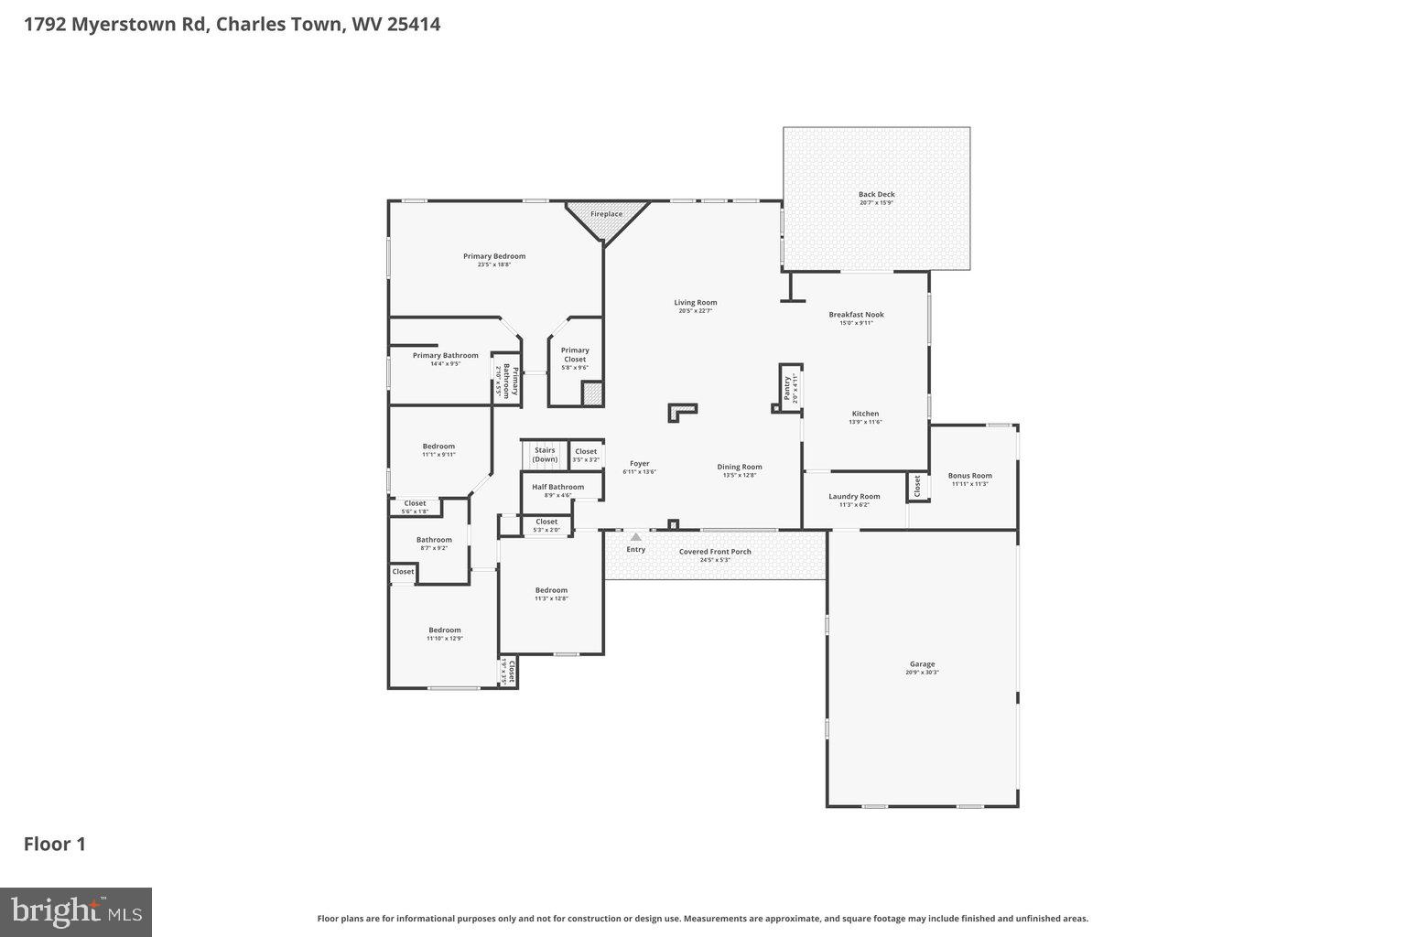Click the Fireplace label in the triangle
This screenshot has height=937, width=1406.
click(606, 214)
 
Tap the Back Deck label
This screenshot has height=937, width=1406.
click(876, 194)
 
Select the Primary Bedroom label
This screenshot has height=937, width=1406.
click(494, 256)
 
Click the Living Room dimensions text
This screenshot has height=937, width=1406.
click(696, 311)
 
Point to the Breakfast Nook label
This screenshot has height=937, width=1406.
click(857, 315)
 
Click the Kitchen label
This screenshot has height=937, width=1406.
click(865, 414)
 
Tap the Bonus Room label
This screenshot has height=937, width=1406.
click(969, 476)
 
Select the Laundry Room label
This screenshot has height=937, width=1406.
click(854, 496)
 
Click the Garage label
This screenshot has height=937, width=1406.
click(922, 664)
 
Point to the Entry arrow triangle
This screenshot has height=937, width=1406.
click(636, 537)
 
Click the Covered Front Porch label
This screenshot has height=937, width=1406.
click(715, 552)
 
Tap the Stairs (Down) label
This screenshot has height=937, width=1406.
click(545, 454)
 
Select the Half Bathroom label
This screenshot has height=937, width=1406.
click(557, 487)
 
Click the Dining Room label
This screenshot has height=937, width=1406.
click(740, 467)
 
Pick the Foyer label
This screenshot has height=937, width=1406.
click(639, 464)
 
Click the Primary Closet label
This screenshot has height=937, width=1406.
click(575, 354)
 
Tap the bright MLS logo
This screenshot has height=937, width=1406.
click(77, 912)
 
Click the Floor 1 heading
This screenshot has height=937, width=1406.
click(55, 844)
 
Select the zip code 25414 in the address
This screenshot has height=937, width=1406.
click(414, 24)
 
